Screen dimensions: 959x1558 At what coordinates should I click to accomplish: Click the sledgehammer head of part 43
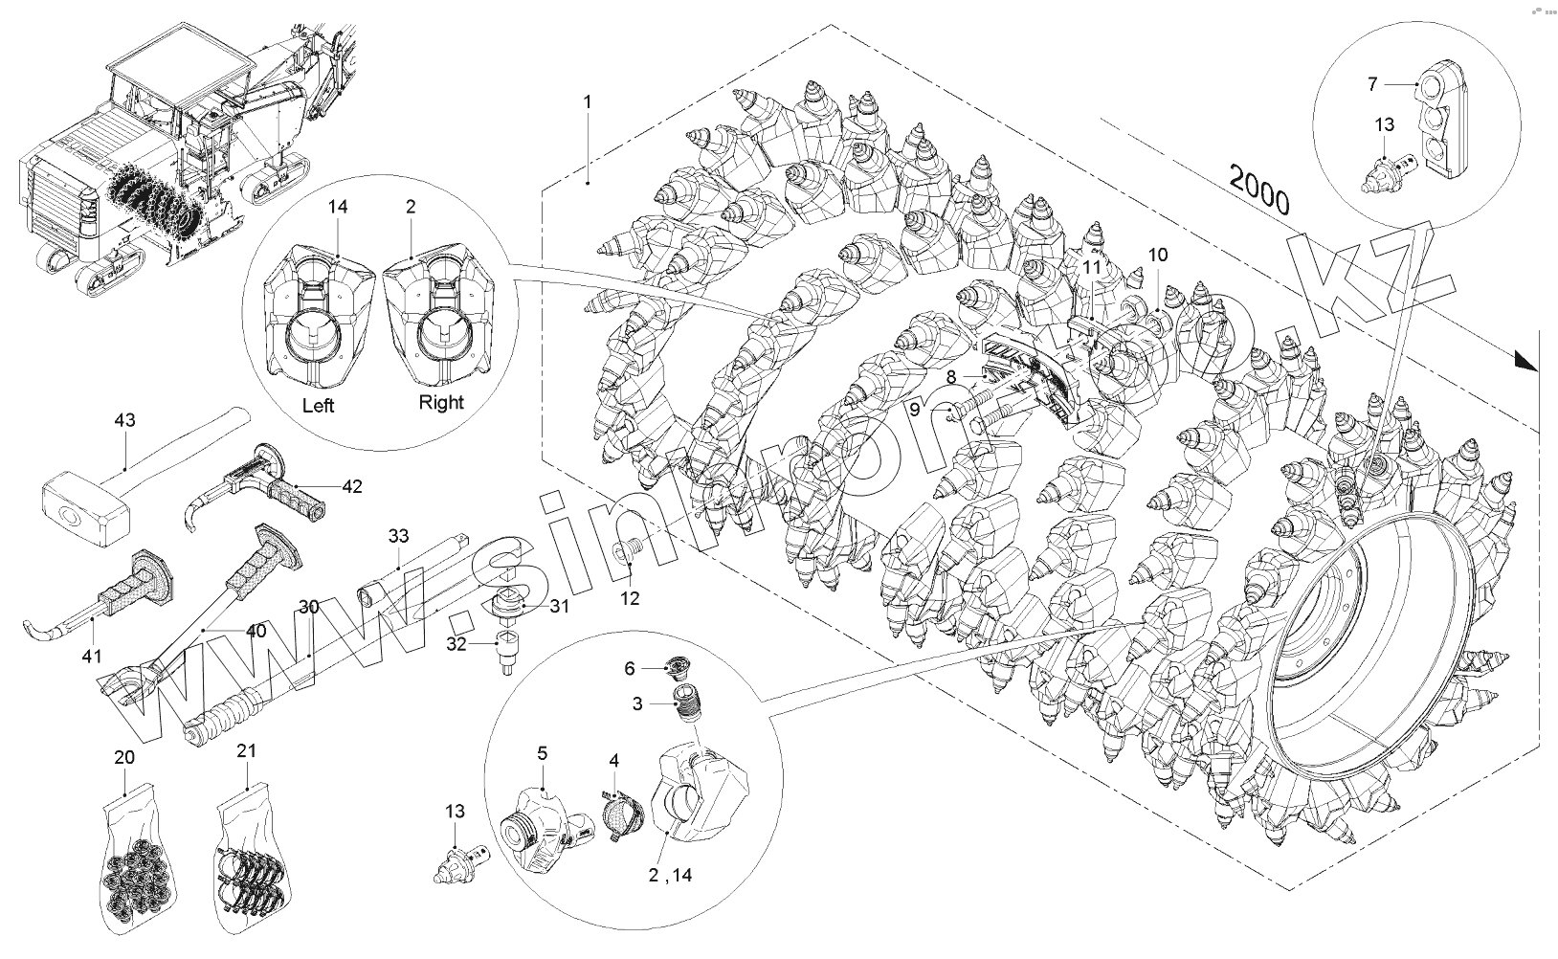[85, 506]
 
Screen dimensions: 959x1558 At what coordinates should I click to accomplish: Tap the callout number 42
[351, 486]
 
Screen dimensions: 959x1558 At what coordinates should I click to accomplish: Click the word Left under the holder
[318, 406]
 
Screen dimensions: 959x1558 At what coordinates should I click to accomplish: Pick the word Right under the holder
[440, 403]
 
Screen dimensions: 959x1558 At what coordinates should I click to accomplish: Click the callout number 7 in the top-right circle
[1372, 84]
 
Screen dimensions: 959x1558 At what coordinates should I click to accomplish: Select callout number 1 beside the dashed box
[588, 100]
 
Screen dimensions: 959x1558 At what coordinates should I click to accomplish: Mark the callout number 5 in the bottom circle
[542, 754]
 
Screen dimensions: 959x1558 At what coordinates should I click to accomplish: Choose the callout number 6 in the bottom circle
[631, 668]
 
